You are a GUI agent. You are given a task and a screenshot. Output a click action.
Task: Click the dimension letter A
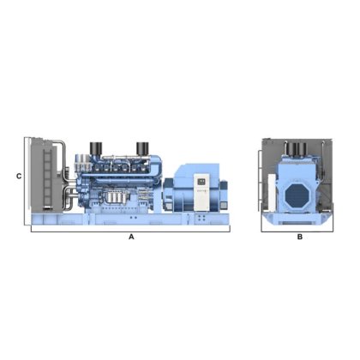pyautogui.click(x=131, y=237)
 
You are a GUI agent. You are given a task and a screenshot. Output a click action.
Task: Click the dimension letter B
pyautogui.click(x=300, y=237)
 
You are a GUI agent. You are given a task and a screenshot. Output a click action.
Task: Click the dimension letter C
pyautogui.click(x=19, y=177)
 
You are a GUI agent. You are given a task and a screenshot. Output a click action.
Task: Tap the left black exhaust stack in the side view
pyautogui.click(x=96, y=148)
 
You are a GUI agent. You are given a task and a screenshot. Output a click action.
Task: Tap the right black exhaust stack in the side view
pyautogui.click(x=142, y=148)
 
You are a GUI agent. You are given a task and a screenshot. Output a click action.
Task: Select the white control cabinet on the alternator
pyautogui.click(x=202, y=193)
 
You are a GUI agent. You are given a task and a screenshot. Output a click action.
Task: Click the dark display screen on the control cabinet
pyautogui.click(x=202, y=181)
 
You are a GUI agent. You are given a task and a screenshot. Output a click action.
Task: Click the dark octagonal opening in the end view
pyautogui.click(x=297, y=195)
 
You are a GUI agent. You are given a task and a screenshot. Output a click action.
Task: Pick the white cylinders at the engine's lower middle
pyautogui.click(x=115, y=197)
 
